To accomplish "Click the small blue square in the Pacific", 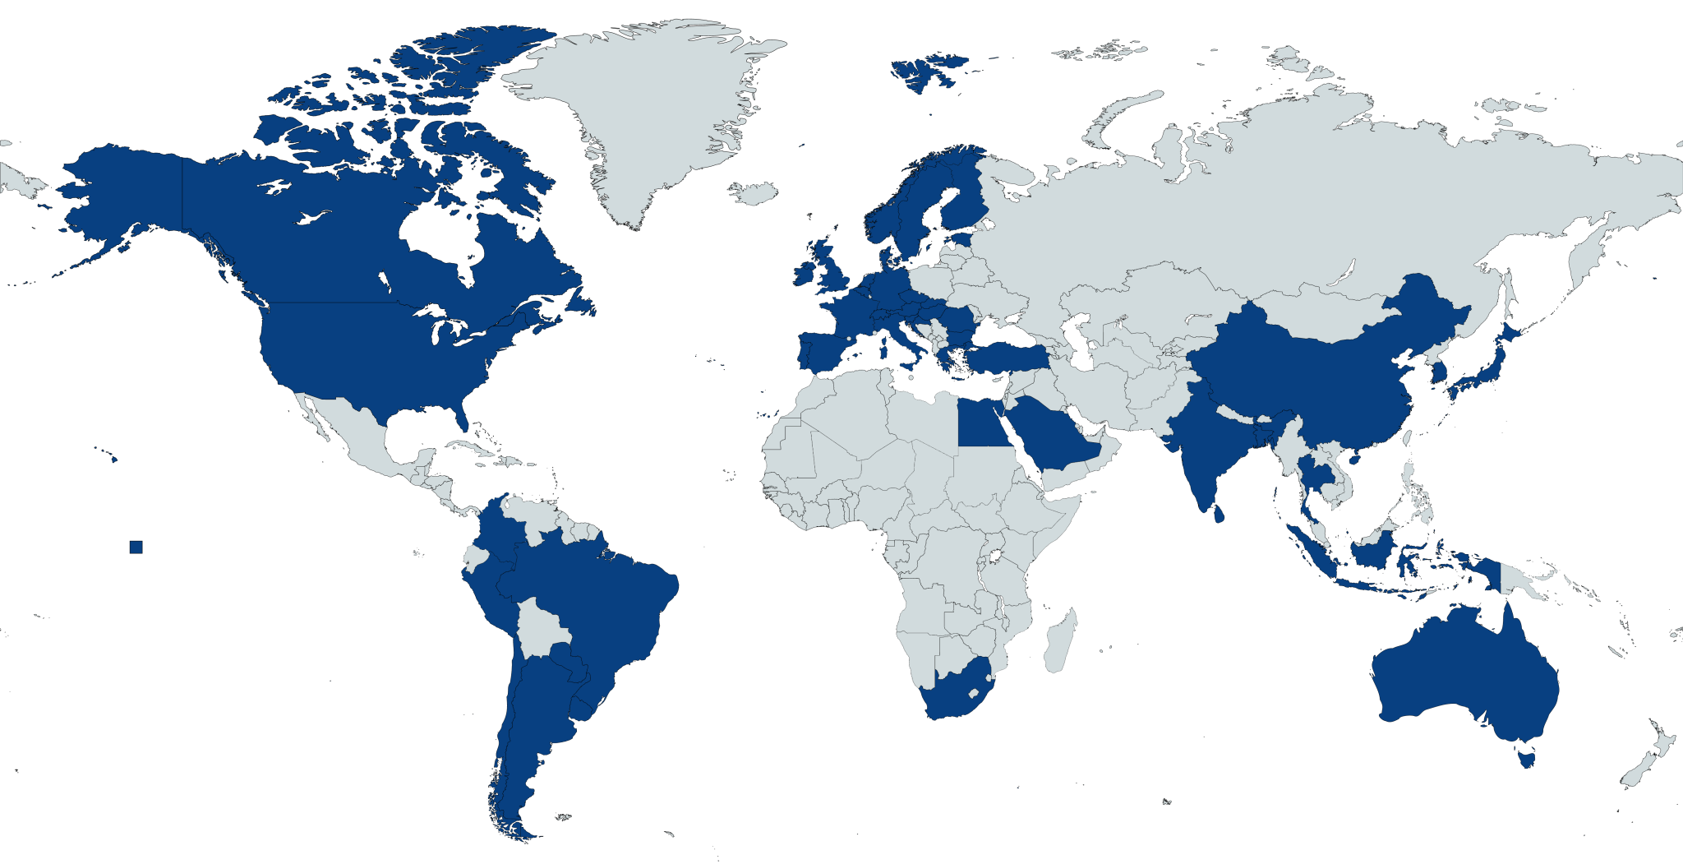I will (x=136, y=548).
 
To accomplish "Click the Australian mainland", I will (x=1463, y=674).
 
